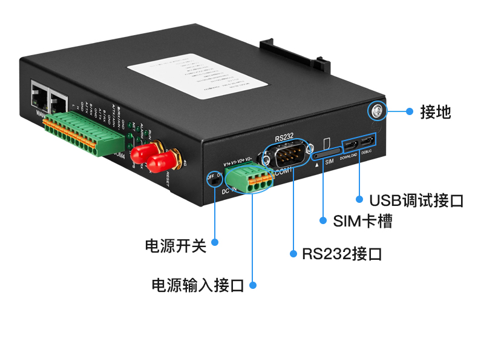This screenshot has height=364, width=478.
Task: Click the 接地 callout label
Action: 436,111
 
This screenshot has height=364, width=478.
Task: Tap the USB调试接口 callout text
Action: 416,200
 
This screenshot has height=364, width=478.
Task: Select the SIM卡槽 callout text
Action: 362,221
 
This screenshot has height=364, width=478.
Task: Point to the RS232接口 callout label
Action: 342,253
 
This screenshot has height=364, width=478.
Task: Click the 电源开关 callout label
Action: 175,245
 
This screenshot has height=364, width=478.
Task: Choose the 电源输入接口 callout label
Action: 197,285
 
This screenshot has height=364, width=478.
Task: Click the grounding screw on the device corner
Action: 376,110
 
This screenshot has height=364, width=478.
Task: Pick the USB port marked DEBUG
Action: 367,142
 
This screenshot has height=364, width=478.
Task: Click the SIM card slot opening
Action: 327,154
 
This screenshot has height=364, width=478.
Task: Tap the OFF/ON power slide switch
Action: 212,179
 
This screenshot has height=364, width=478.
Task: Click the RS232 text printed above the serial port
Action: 284,139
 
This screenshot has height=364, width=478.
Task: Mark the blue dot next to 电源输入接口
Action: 253,285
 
